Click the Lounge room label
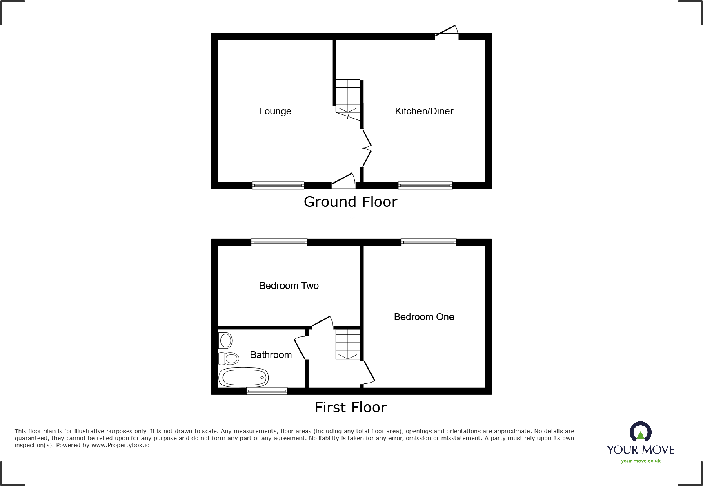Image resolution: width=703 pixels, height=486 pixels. pyautogui.click(x=275, y=112)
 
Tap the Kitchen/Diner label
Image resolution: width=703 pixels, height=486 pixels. pyautogui.click(x=424, y=111)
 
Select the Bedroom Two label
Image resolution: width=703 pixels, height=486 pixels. pyautogui.click(x=289, y=286)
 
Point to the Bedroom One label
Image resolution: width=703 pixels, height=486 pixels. pyautogui.click(x=424, y=317)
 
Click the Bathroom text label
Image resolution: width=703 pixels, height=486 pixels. pyautogui.click(x=271, y=355)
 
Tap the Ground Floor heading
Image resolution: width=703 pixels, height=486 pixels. pyautogui.click(x=351, y=202)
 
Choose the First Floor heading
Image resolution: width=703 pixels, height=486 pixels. pyautogui.click(x=351, y=408)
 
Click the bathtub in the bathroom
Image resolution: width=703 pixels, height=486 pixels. pyautogui.click(x=243, y=377)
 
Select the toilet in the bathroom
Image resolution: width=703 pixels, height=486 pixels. pyautogui.click(x=229, y=358)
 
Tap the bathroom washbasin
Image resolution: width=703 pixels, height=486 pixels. pyautogui.click(x=225, y=340)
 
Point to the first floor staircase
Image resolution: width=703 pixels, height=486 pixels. pyautogui.click(x=348, y=345)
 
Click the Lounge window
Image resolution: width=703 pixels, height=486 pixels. pyautogui.click(x=278, y=186)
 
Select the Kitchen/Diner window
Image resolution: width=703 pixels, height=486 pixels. pyautogui.click(x=425, y=186)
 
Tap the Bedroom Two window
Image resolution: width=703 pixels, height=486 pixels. pyautogui.click(x=279, y=242)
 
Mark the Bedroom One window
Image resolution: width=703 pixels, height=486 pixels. pyautogui.click(x=429, y=242)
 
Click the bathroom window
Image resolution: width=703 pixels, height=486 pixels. pyautogui.click(x=267, y=391)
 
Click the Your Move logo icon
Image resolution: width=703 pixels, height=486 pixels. pyautogui.click(x=641, y=432)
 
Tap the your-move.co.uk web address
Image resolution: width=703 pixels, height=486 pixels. pyautogui.click(x=641, y=461)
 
